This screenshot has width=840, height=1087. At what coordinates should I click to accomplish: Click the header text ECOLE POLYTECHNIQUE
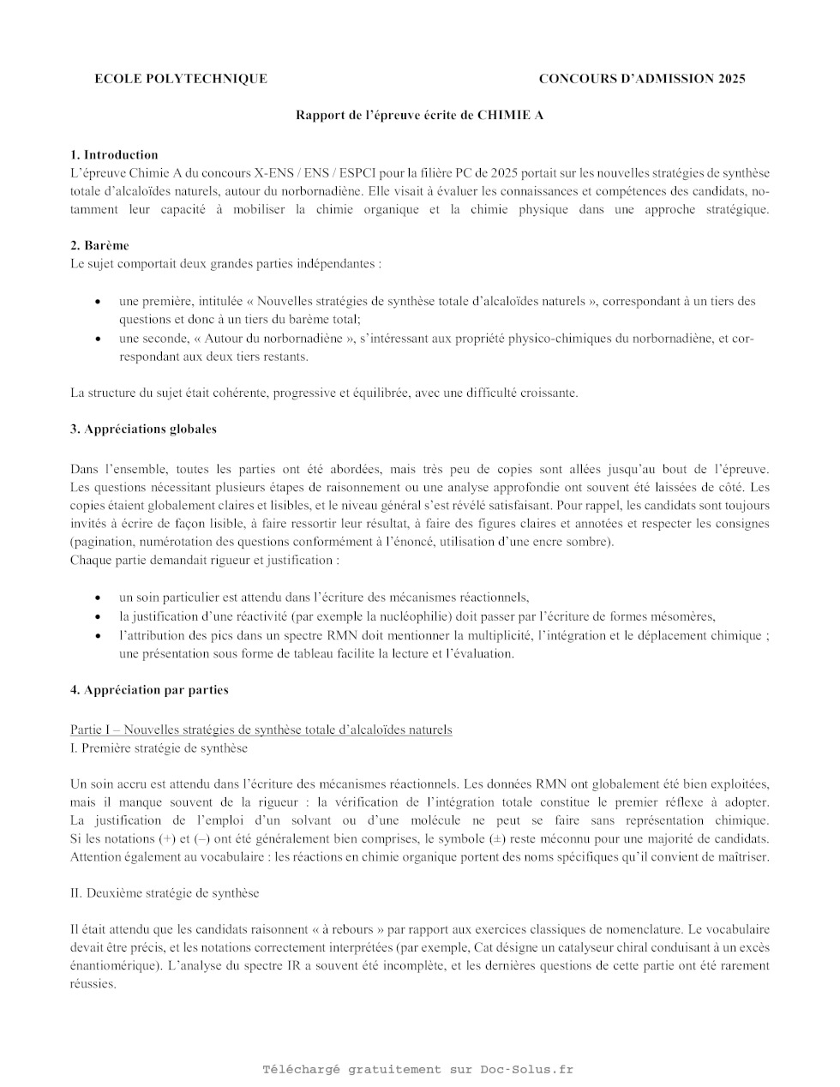(180, 79)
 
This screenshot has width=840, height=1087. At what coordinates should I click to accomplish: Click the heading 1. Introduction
(114, 155)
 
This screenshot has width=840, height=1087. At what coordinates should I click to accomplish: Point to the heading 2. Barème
(99, 245)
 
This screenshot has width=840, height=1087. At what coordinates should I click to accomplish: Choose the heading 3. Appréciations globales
(143, 429)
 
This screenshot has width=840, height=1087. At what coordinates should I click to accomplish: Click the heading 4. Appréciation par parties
(149, 690)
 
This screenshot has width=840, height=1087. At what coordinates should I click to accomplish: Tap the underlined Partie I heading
(261, 730)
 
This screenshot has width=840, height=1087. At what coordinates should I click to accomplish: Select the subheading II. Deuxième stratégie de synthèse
(164, 893)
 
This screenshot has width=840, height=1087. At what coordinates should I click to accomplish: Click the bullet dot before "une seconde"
(99, 339)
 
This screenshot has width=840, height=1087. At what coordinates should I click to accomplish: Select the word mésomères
(686, 616)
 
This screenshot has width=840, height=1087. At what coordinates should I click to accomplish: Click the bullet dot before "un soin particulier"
(99, 598)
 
